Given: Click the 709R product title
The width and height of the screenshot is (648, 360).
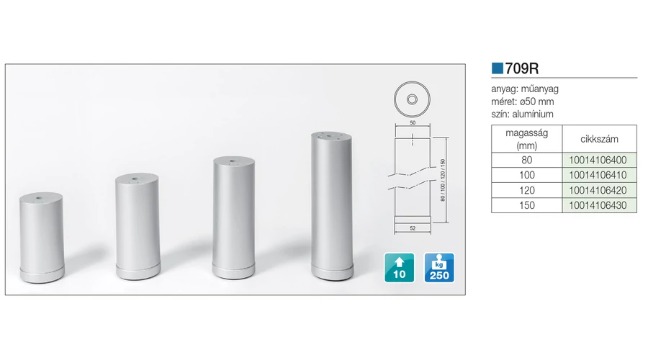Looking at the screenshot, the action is (521, 68).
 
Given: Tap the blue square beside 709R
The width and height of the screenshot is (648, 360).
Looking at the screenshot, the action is (497, 68).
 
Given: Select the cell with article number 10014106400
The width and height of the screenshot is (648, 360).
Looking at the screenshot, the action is (599, 160).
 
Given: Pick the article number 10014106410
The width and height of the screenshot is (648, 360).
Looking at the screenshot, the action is (598, 175).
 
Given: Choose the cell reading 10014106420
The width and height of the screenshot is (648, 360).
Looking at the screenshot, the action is (599, 190).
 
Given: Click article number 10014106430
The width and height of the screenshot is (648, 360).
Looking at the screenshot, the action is (598, 205).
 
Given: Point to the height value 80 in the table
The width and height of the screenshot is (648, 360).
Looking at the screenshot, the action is (526, 160).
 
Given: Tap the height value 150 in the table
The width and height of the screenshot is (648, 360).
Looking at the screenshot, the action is (527, 205).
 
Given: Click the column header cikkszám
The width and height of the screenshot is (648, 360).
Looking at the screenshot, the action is (599, 139).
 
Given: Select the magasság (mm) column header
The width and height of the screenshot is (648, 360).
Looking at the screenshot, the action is (527, 139).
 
